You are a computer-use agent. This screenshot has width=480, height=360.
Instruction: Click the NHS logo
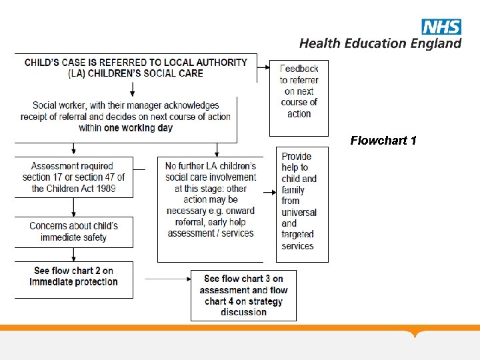tap(441, 27)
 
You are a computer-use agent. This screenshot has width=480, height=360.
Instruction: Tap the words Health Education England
tap(380, 43)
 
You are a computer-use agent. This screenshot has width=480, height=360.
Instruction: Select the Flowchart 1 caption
tap(383, 141)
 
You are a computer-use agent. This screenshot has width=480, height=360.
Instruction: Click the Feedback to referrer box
tap(299, 91)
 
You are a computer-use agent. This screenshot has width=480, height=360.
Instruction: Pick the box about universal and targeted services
tap(301, 201)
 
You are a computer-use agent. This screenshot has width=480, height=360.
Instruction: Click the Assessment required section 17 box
tap(73, 177)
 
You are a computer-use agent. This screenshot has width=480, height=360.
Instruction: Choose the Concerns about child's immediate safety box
tap(73, 232)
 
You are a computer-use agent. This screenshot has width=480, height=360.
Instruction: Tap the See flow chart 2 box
tap(73, 277)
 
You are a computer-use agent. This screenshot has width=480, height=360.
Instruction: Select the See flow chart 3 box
tap(243, 295)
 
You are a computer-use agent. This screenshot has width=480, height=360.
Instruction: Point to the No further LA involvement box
tap(211, 200)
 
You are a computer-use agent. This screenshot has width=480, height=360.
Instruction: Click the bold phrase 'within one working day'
tap(125, 128)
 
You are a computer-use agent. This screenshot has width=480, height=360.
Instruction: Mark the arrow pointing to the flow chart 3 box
tap(167, 279)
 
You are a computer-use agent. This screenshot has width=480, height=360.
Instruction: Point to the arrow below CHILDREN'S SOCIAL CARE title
tap(131, 89)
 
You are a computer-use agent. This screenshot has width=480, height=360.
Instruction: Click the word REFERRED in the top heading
tap(115, 63)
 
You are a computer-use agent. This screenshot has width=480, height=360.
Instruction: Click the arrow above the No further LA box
tap(216, 149)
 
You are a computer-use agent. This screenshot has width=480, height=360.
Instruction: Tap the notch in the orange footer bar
tap(416, 333)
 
